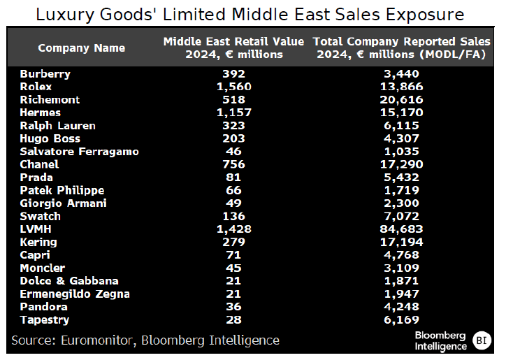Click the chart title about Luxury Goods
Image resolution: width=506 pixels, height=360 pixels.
tap(250, 15)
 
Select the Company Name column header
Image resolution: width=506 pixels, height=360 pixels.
tap(82, 48)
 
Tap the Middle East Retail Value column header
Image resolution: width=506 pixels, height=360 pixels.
tap(234, 48)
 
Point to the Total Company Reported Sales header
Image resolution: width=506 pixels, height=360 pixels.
tap(400, 48)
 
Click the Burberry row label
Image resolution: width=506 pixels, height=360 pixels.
tap(45, 74)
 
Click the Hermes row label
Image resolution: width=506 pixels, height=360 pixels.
tap(41, 113)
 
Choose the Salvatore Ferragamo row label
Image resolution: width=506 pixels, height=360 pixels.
tap(80, 152)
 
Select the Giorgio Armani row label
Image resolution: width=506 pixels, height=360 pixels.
tap(62, 203)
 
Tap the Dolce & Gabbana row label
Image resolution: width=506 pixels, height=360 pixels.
tap(69, 281)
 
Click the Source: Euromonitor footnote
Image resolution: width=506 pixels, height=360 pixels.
tap(145, 340)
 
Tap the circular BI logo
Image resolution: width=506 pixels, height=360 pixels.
tap(482, 340)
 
